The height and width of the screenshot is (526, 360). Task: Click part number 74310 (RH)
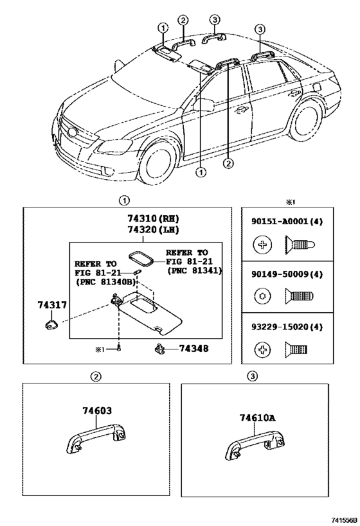pyautogui.click(x=153, y=219)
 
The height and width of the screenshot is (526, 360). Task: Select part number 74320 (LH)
pyautogui.click(x=153, y=230)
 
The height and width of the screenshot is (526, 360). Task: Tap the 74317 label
pyautogui.click(x=51, y=305)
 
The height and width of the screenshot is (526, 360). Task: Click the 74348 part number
pyautogui.click(x=194, y=349)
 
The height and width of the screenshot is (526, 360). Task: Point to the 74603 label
pyautogui.click(x=97, y=410)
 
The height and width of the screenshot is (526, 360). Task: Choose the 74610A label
pyautogui.click(x=257, y=417)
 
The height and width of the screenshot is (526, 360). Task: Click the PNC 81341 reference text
pyautogui.click(x=194, y=270)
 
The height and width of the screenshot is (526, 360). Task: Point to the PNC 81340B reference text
pyautogui.click(x=106, y=282)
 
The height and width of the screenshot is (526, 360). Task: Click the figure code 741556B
pyautogui.click(x=343, y=520)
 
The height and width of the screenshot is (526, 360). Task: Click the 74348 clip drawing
pyautogui.click(x=159, y=349)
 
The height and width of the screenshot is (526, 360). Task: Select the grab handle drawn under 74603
pyautogui.click(x=96, y=439)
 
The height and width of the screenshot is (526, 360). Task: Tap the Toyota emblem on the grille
pyautogui.click(x=71, y=132)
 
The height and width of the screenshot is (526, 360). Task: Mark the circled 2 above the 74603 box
pyautogui.click(x=96, y=376)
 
